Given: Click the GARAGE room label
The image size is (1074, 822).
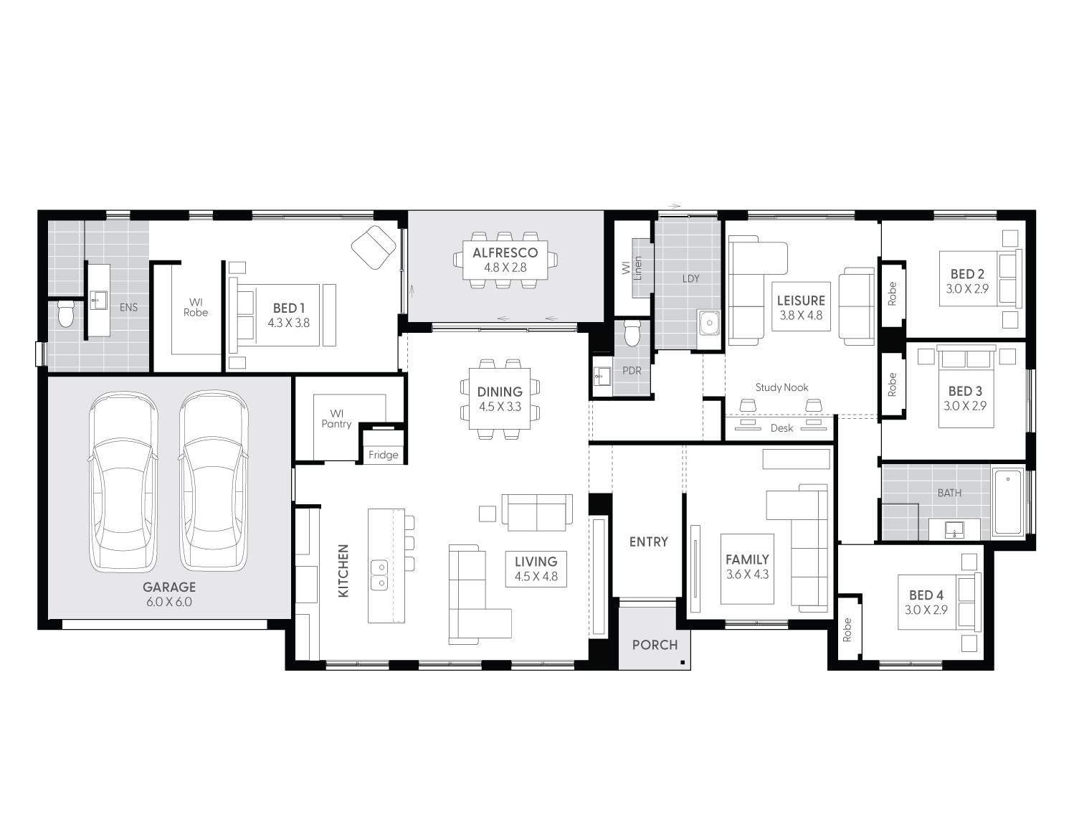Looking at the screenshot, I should pyautogui.click(x=169, y=587).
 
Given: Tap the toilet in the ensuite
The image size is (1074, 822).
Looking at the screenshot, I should pyautogui.click(x=66, y=313).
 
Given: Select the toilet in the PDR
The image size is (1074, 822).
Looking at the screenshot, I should pyautogui.click(x=632, y=333).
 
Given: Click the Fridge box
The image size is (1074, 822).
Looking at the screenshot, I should pyautogui.click(x=384, y=455).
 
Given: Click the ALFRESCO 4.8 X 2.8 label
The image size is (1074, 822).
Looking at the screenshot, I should pyautogui.click(x=505, y=260).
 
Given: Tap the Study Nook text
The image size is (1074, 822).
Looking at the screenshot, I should pyautogui.click(x=781, y=387).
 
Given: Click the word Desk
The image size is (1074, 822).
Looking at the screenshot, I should pyautogui.click(x=781, y=428).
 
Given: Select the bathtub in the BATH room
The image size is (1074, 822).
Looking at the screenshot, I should pyautogui.click(x=1008, y=501).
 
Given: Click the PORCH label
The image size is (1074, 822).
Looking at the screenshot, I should pyautogui.click(x=655, y=645).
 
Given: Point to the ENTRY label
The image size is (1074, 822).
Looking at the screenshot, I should pyautogui.click(x=649, y=542).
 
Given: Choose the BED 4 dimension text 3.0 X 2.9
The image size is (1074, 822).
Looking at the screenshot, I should pyautogui.click(x=926, y=610).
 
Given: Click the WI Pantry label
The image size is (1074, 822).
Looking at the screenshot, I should pyautogui.click(x=336, y=419).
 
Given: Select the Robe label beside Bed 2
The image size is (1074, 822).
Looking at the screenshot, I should pyautogui.click(x=892, y=293).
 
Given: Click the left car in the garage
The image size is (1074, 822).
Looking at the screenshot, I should pyautogui.click(x=123, y=481).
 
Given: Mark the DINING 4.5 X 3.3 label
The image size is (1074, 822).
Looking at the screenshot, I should pyautogui.click(x=500, y=399).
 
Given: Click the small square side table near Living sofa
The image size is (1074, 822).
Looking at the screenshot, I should pyautogui.click(x=488, y=514).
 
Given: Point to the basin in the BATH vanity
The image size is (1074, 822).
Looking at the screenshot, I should pyautogui.click(x=954, y=530).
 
